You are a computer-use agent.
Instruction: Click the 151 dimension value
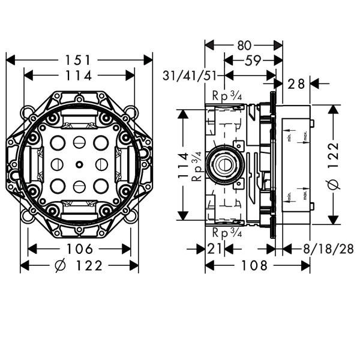(x=79, y=60)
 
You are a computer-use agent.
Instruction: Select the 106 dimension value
(x=80, y=249)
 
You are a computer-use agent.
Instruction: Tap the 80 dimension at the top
(x=244, y=45)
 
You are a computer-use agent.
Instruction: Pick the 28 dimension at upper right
(x=296, y=84)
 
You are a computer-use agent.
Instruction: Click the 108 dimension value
(x=257, y=265)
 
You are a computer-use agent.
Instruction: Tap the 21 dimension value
(x=215, y=249)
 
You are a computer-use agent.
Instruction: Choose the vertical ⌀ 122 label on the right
(x=334, y=166)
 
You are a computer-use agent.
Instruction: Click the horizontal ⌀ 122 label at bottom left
(x=79, y=265)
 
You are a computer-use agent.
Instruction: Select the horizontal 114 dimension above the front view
(x=79, y=76)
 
